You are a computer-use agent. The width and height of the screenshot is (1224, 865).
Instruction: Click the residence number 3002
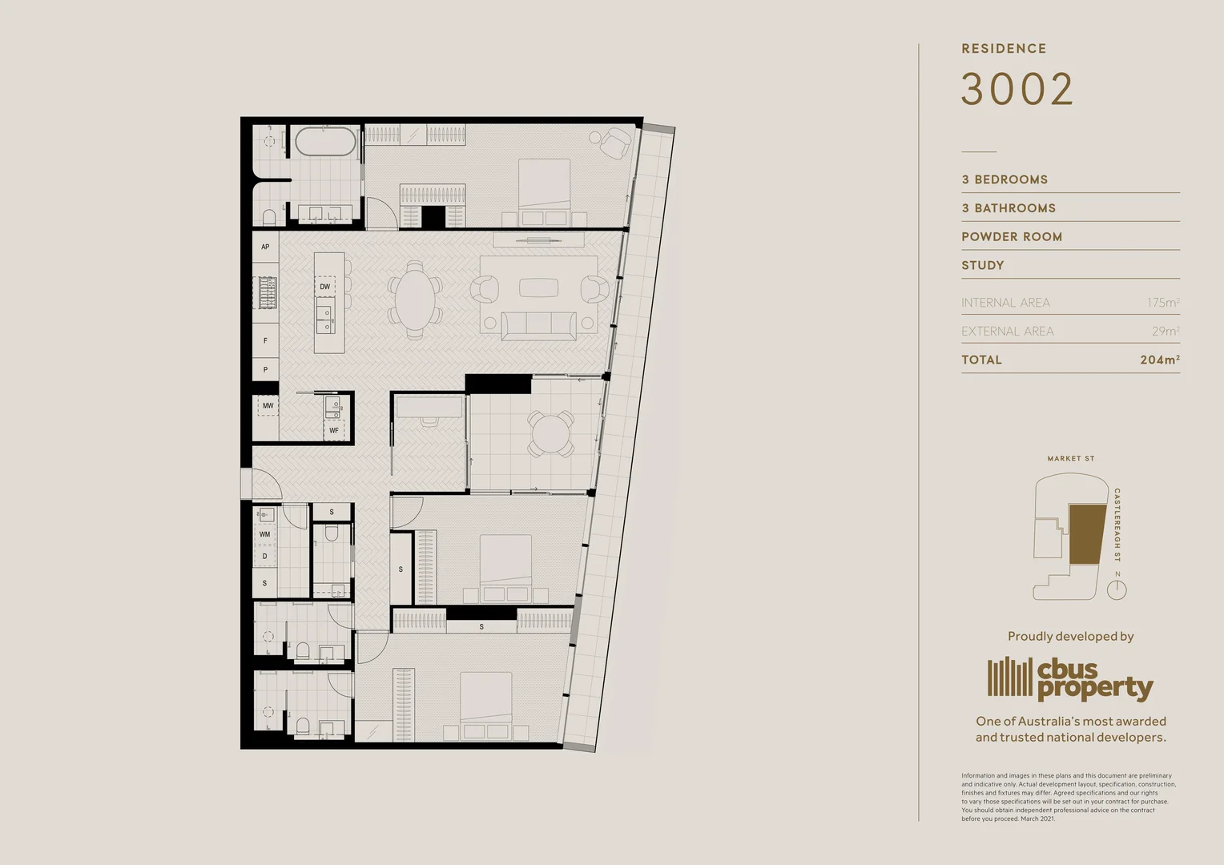pyautogui.click(x=1017, y=89)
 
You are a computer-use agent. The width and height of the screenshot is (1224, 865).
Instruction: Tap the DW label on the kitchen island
pyautogui.click(x=324, y=287)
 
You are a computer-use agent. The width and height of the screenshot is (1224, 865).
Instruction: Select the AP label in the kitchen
pyautogui.click(x=265, y=247)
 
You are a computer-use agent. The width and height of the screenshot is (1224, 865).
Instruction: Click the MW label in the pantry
pyautogui.click(x=268, y=406)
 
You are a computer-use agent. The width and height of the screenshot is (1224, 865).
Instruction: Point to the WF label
pyautogui.click(x=334, y=431)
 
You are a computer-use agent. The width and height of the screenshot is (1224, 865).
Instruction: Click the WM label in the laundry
pyautogui.click(x=264, y=534)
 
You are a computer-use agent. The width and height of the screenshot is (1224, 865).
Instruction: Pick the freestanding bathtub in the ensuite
pyautogui.click(x=325, y=143)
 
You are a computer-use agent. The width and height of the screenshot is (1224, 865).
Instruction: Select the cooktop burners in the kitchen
pyautogui.click(x=266, y=292)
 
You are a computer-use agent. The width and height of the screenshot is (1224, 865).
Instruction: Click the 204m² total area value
pyautogui.click(x=1159, y=360)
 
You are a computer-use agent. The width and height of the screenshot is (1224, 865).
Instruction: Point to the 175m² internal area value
pyautogui.click(x=1162, y=303)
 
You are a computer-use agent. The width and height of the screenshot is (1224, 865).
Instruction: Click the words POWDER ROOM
pyautogui.click(x=1012, y=237)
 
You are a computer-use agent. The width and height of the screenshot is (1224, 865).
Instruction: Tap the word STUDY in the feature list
pyautogui.click(x=983, y=265)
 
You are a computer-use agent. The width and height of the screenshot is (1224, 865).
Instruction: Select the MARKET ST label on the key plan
pyautogui.click(x=1070, y=459)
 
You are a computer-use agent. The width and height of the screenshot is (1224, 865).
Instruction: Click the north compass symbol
pyautogui.click(x=1117, y=590)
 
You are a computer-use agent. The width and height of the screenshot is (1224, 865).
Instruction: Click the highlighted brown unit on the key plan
pyautogui.click(x=1088, y=534)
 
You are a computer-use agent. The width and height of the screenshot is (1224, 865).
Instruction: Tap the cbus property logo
pyautogui.click(x=1070, y=678)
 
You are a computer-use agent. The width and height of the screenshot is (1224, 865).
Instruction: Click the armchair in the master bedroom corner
pyautogui.click(x=615, y=143)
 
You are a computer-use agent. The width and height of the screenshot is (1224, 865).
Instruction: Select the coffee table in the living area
pyautogui.click(x=538, y=287)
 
